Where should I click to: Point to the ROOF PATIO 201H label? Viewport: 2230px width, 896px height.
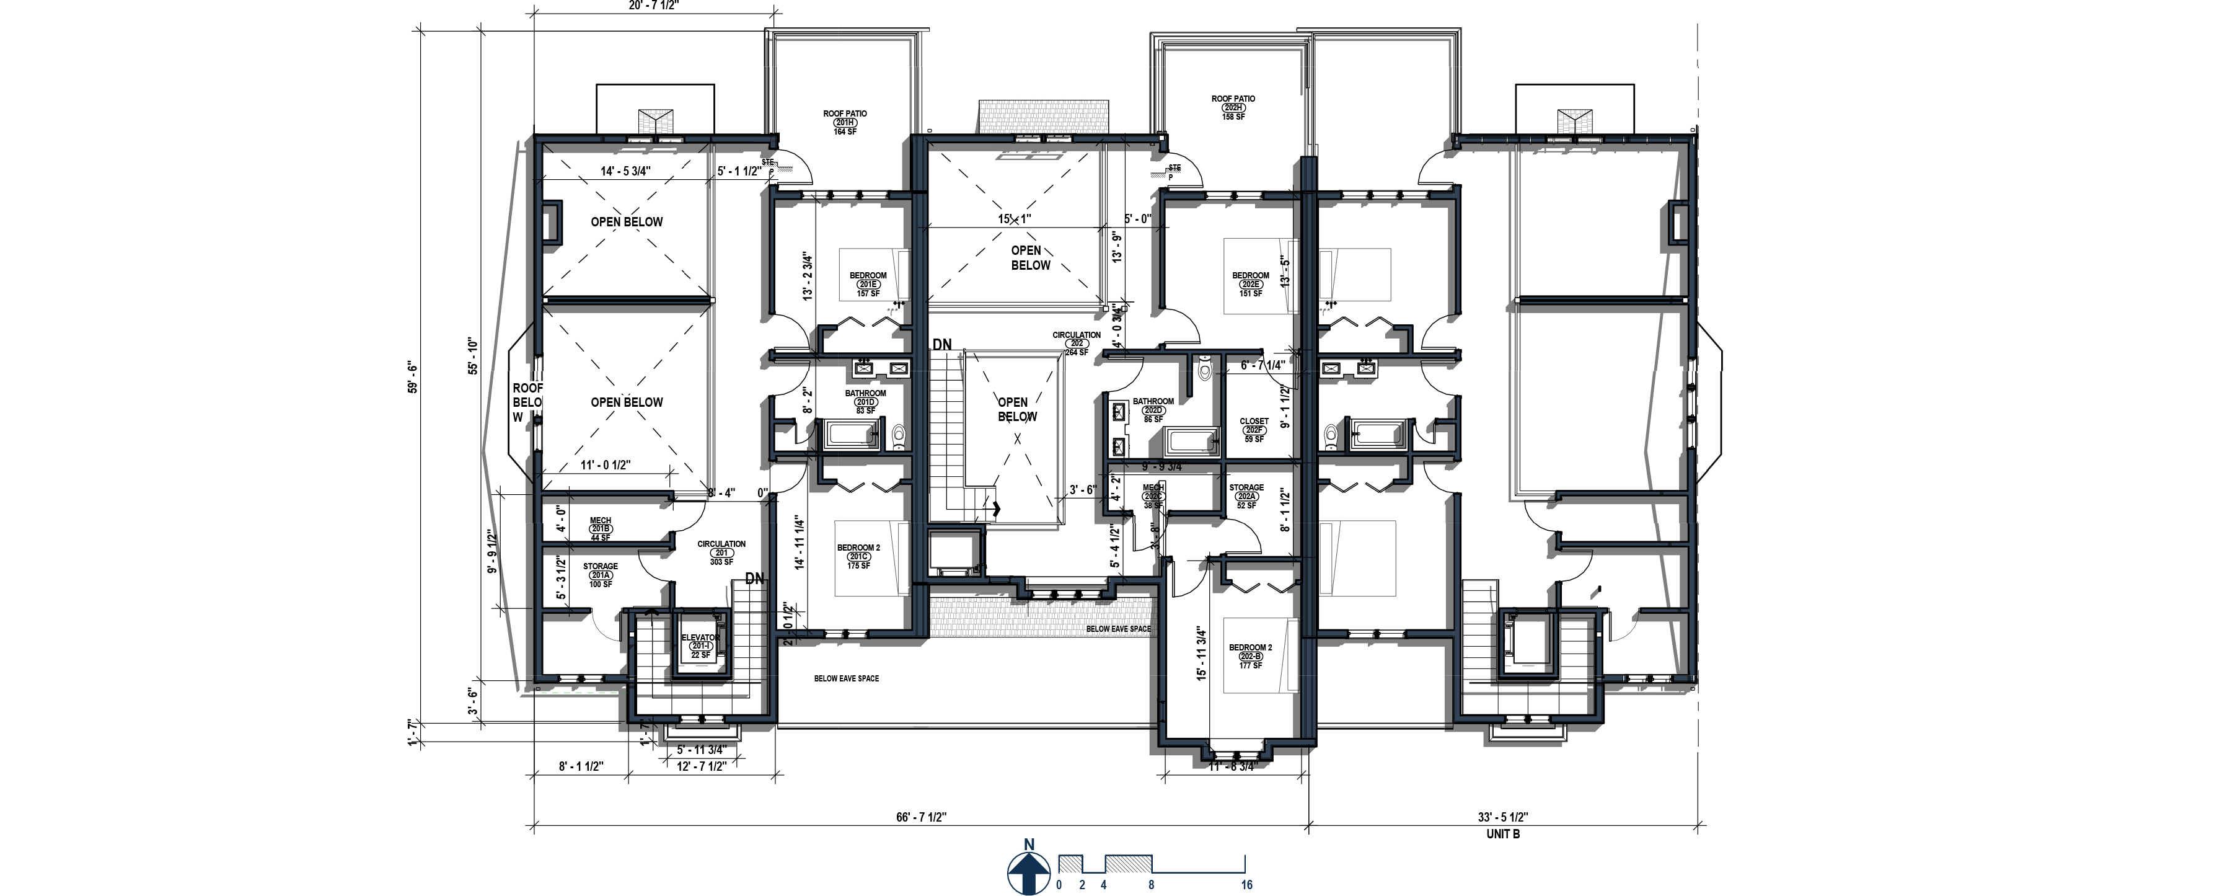845,122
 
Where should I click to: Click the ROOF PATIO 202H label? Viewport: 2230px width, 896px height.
1233,107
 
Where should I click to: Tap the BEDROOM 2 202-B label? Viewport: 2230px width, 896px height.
1250,656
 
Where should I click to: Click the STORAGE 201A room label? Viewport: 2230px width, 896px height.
600,575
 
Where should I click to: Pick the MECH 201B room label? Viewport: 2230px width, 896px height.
600,529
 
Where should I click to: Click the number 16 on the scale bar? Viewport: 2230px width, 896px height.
1246,885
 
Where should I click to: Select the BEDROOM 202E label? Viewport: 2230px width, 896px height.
1250,284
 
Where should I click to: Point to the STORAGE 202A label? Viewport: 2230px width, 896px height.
1246,496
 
